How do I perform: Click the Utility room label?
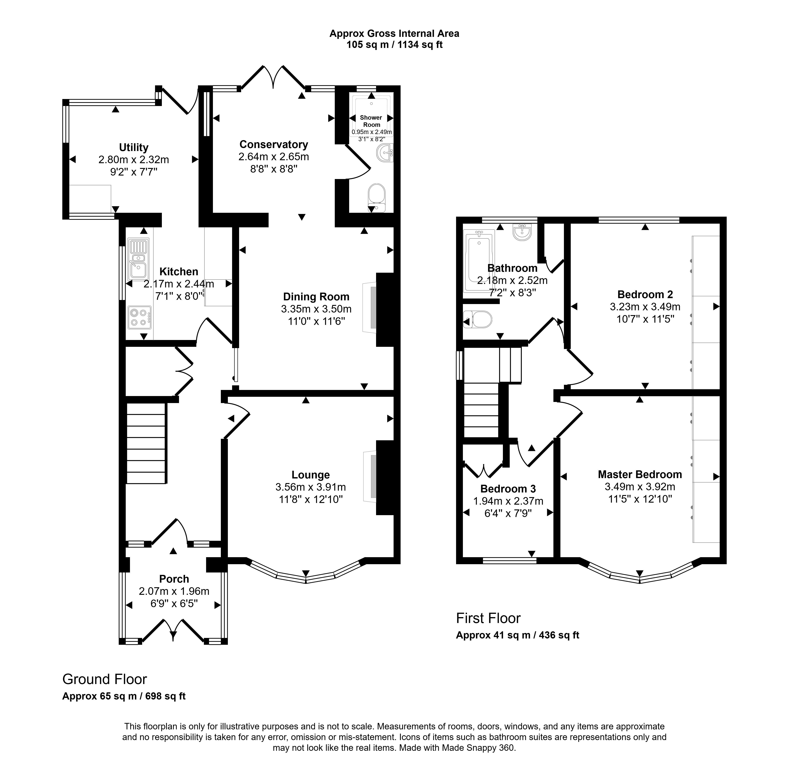pos(134,147)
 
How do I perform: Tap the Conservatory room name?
pos(274,144)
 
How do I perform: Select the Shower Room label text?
pos(371,121)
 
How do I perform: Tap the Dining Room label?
pos(316,297)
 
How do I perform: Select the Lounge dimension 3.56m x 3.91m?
pos(310,487)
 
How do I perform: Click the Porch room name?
pos(174,579)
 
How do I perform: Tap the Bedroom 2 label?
pos(645,294)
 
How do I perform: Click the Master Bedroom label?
pos(640,475)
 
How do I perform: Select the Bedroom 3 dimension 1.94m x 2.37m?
pos(508,501)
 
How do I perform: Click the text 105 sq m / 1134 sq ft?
pos(395,45)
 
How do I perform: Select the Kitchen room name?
pos(179,272)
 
